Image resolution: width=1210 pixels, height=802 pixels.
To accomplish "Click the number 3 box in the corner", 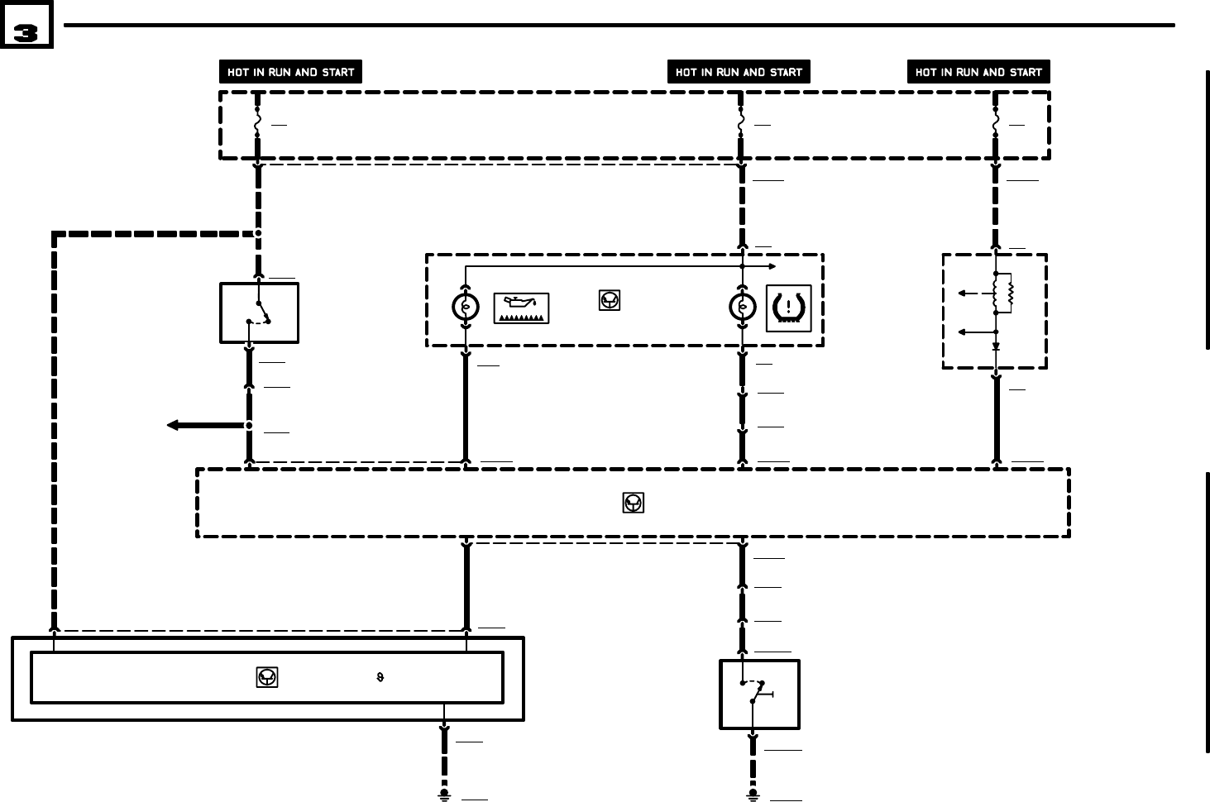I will click(x=26, y=25).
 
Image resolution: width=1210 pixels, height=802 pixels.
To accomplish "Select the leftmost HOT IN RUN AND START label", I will click(x=290, y=72).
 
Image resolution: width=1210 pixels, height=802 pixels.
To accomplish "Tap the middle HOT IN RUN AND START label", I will click(x=739, y=72).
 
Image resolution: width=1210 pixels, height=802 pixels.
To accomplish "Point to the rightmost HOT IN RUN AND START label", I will click(x=978, y=72).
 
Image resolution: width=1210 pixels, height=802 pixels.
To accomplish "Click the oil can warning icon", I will click(x=522, y=308).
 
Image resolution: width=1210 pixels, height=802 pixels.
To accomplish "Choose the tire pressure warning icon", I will click(x=789, y=308).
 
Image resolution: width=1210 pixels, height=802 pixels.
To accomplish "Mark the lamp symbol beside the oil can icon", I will click(x=466, y=308).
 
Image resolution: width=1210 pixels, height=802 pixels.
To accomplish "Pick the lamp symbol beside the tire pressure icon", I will click(x=742, y=308).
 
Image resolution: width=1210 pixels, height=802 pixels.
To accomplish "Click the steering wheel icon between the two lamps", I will click(x=610, y=301).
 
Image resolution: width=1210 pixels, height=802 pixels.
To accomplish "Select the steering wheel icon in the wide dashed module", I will click(x=634, y=503).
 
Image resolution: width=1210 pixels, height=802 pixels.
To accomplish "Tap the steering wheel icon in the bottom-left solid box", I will click(x=267, y=677).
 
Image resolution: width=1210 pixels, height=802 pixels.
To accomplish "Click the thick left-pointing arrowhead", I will click(x=173, y=425).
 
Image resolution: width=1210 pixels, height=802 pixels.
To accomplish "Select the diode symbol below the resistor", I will click(x=996, y=346).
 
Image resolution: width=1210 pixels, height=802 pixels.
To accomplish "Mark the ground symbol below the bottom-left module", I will click(x=444, y=795).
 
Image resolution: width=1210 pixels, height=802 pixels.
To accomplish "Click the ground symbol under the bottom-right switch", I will click(x=753, y=795).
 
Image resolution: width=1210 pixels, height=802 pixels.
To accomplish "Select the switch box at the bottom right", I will click(x=759, y=695).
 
